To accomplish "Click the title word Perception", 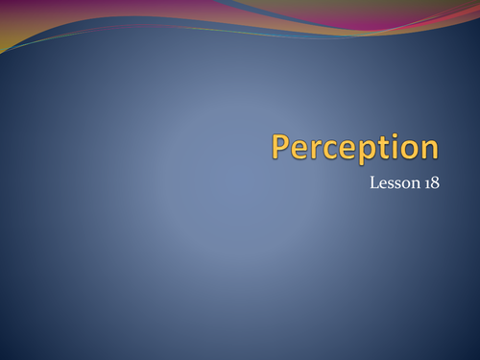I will click(x=354, y=147).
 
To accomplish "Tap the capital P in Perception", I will click(x=280, y=146).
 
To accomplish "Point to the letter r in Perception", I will click(x=314, y=149).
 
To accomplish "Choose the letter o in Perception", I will click(x=407, y=149).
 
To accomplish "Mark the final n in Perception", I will click(x=428, y=149).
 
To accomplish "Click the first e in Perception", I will click(x=299, y=149).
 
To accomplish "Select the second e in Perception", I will click(x=347, y=149).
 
